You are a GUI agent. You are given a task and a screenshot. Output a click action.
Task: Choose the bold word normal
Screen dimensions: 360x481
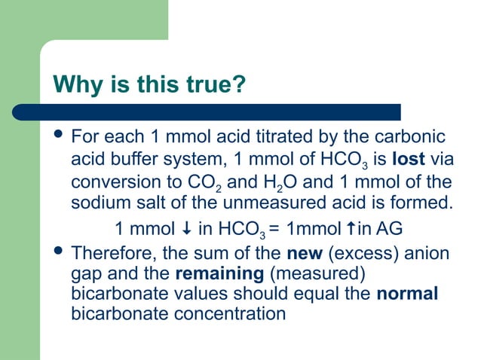pos(407,293)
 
